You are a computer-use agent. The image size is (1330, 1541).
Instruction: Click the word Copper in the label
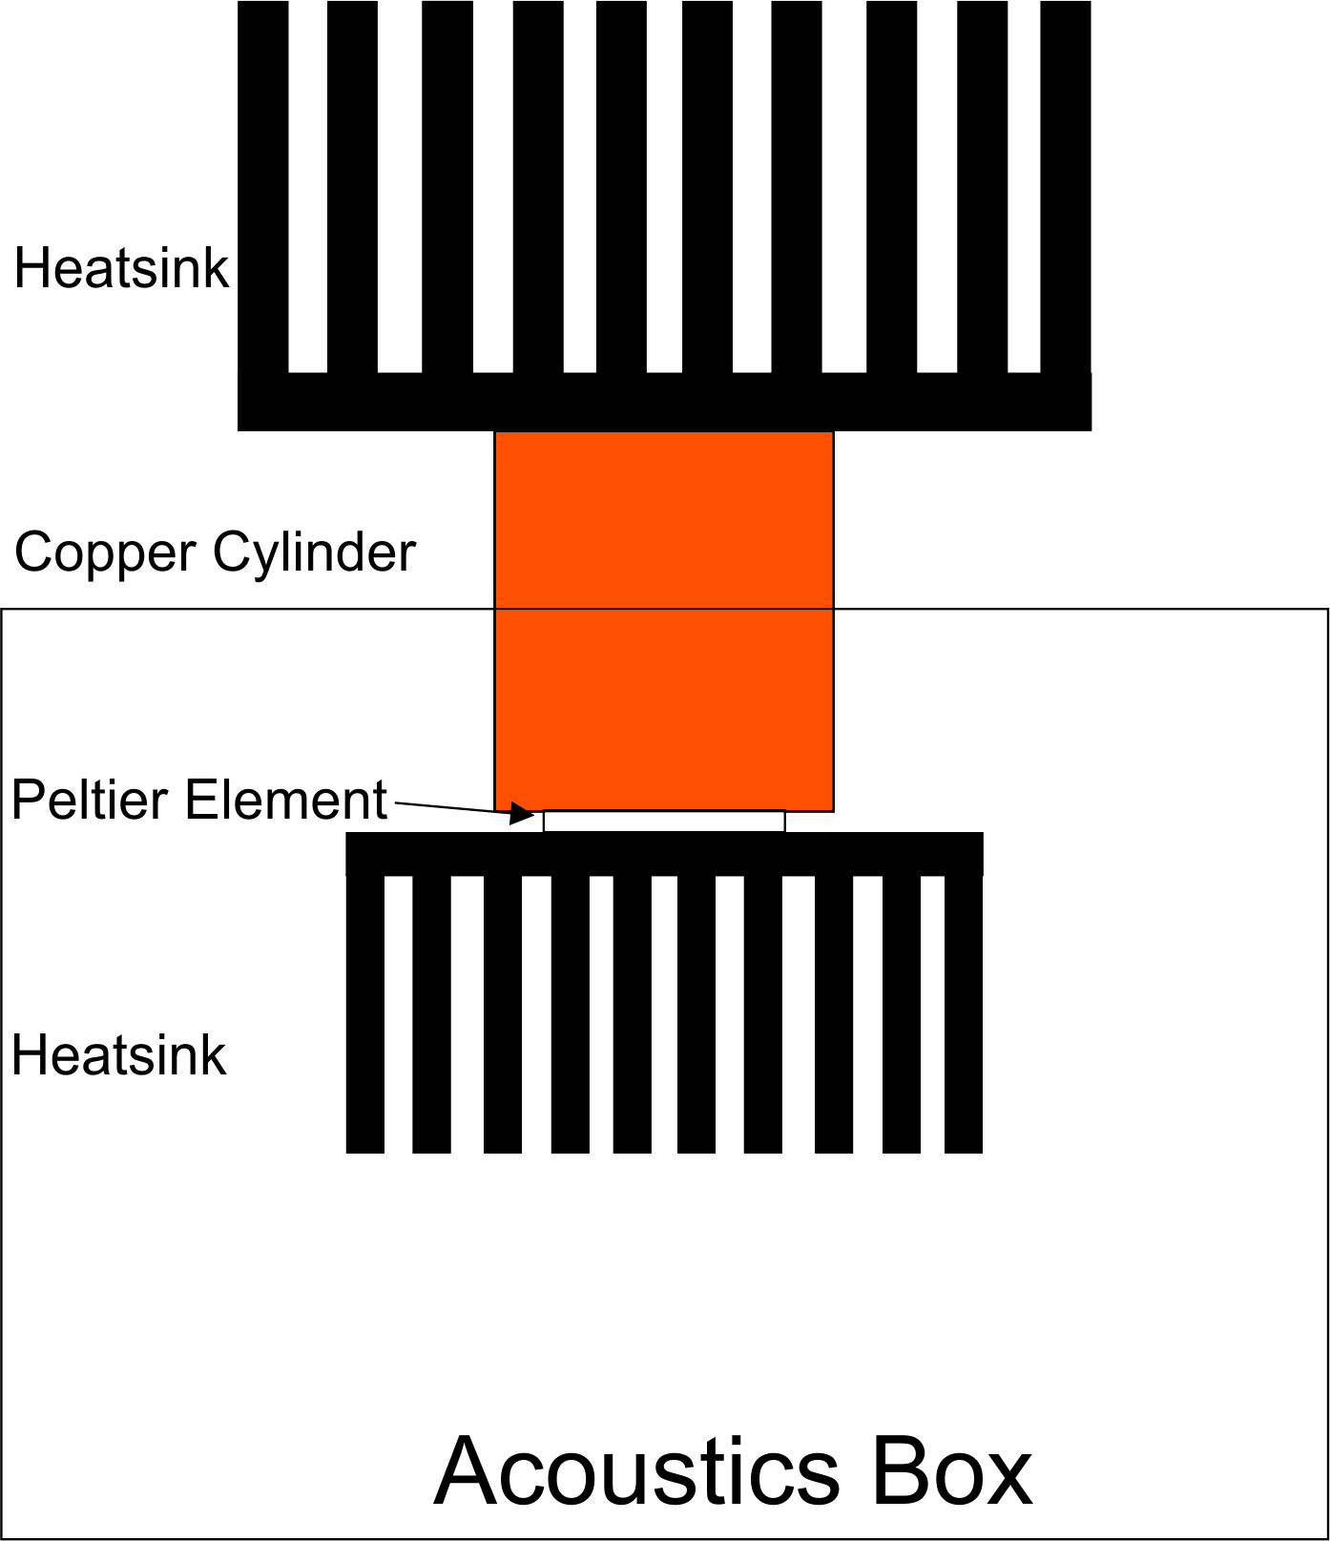click(x=106, y=553)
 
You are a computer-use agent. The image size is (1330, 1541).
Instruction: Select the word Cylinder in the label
click(x=315, y=552)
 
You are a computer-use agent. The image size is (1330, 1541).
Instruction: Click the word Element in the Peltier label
click(x=286, y=800)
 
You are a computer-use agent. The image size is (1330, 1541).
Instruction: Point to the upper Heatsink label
click(x=121, y=268)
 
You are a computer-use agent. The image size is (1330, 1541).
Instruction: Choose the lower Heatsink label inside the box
click(x=119, y=1056)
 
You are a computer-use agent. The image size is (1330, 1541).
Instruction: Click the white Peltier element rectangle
click(x=664, y=821)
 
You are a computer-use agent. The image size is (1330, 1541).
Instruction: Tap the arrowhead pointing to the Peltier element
click(x=522, y=813)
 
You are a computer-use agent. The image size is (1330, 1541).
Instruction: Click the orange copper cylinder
click(x=664, y=621)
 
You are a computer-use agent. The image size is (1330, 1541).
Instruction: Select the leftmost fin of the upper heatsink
click(x=263, y=187)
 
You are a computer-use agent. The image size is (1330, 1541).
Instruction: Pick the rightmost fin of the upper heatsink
click(x=1066, y=187)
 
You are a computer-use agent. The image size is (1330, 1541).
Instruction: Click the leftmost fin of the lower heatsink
click(x=365, y=1014)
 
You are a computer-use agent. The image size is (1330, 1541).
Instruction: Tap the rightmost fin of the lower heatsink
click(x=964, y=1014)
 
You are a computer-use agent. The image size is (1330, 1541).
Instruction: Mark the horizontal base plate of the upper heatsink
click(x=664, y=402)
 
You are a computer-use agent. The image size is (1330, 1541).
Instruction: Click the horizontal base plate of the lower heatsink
click(x=664, y=854)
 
